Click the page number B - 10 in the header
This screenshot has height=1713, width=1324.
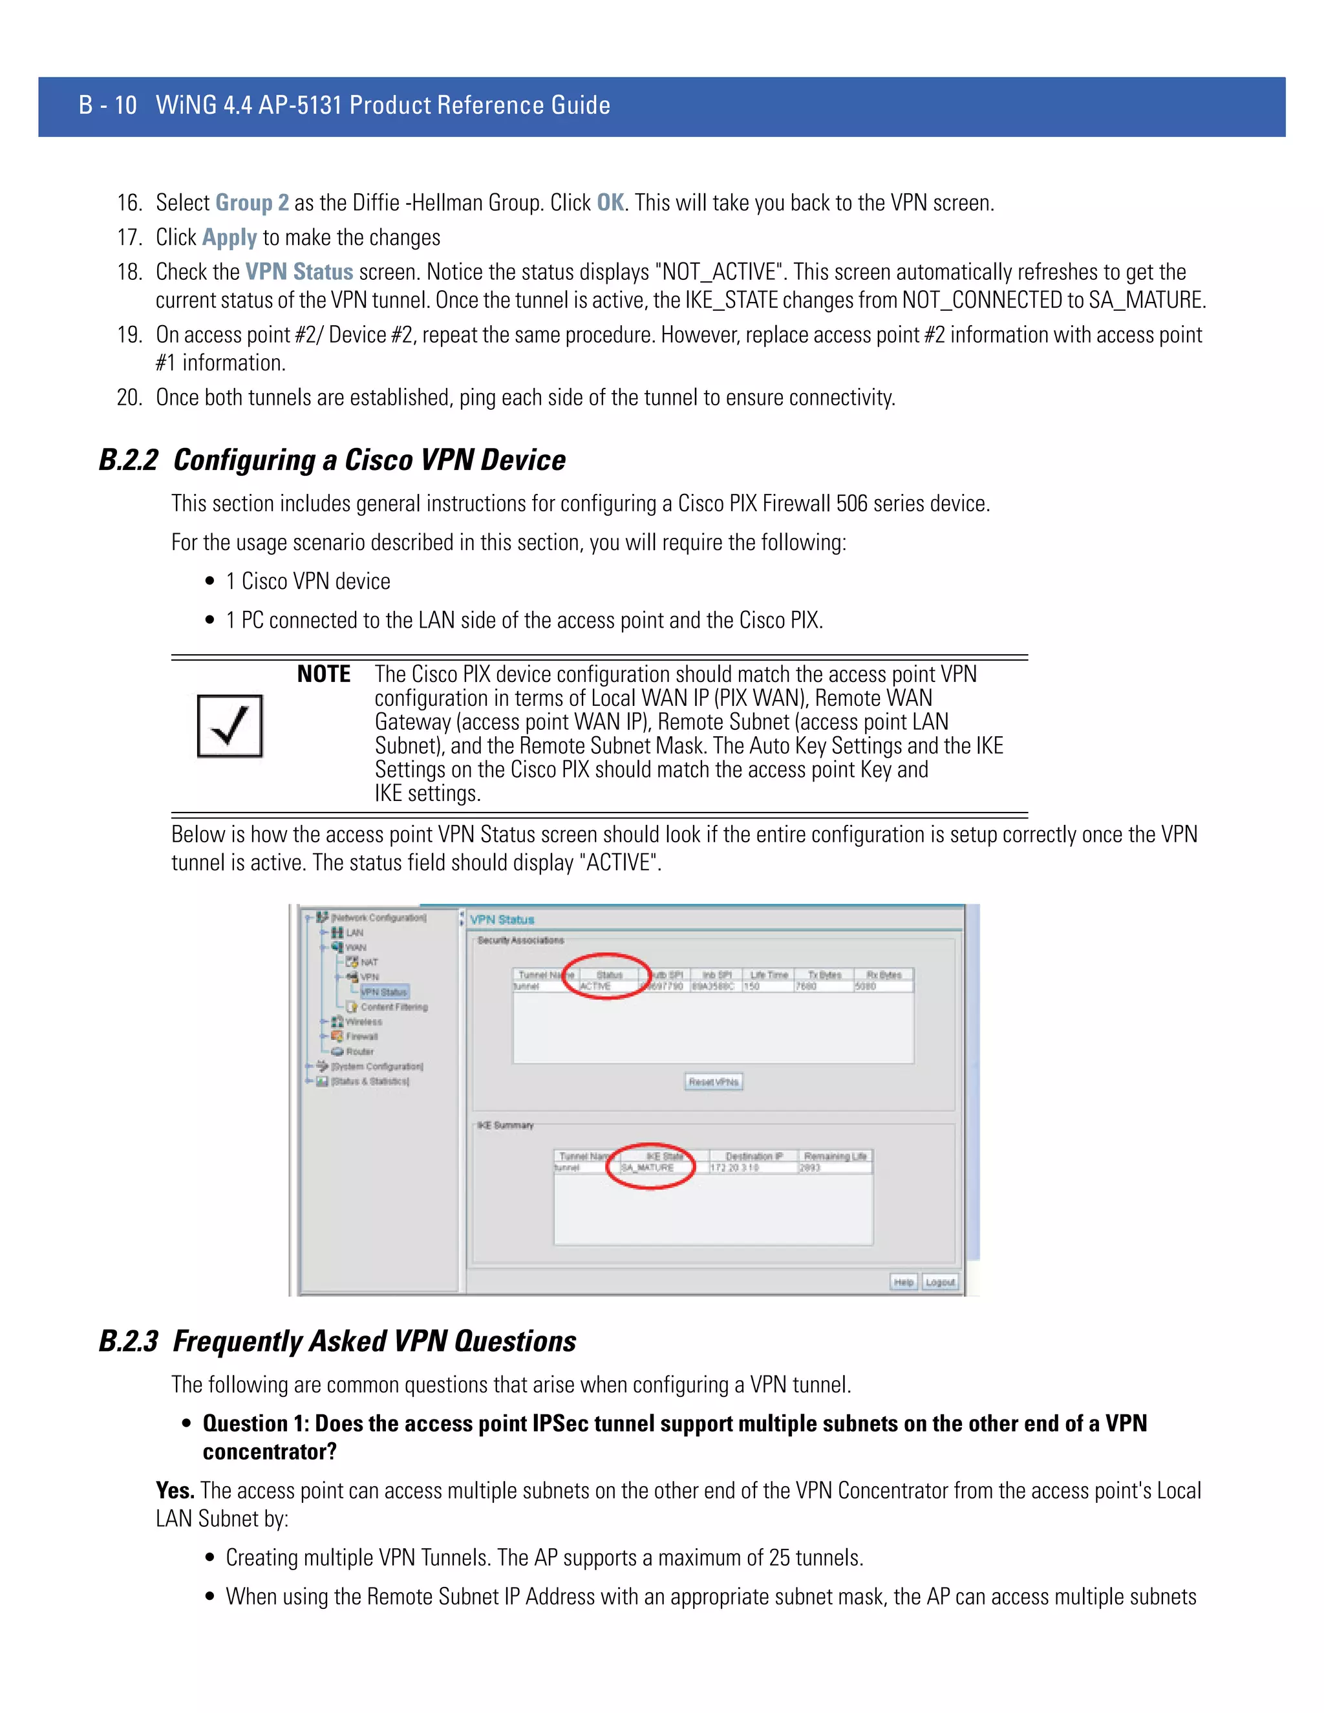click(107, 105)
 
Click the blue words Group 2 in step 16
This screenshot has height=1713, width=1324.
click(251, 203)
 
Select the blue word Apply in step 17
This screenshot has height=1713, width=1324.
click(229, 238)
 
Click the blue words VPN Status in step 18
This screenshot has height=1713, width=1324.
click(299, 272)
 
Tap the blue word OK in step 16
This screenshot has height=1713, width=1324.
click(610, 203)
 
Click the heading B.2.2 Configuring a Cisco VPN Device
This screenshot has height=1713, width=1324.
click(332, 460)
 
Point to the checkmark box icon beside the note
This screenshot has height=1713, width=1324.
click(230, 725)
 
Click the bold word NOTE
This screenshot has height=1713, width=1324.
click(323, 674)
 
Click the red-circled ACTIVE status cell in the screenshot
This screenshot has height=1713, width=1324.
click(596, 986)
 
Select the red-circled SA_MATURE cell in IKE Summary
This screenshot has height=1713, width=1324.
click(648, 1168)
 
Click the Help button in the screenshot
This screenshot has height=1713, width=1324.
click(904, 1282)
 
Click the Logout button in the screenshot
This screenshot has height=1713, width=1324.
click(939, 1282)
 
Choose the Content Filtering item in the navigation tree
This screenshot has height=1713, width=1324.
click(394, 1007)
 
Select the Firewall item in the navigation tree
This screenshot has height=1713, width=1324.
click(361, 1037)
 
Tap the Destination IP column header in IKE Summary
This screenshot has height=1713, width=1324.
click(754, 1156)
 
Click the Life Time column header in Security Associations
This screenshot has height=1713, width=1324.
click(769, 975)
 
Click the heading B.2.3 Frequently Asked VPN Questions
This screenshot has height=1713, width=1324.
click(337, 1341)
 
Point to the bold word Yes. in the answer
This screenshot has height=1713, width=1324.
click(175, 1490)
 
